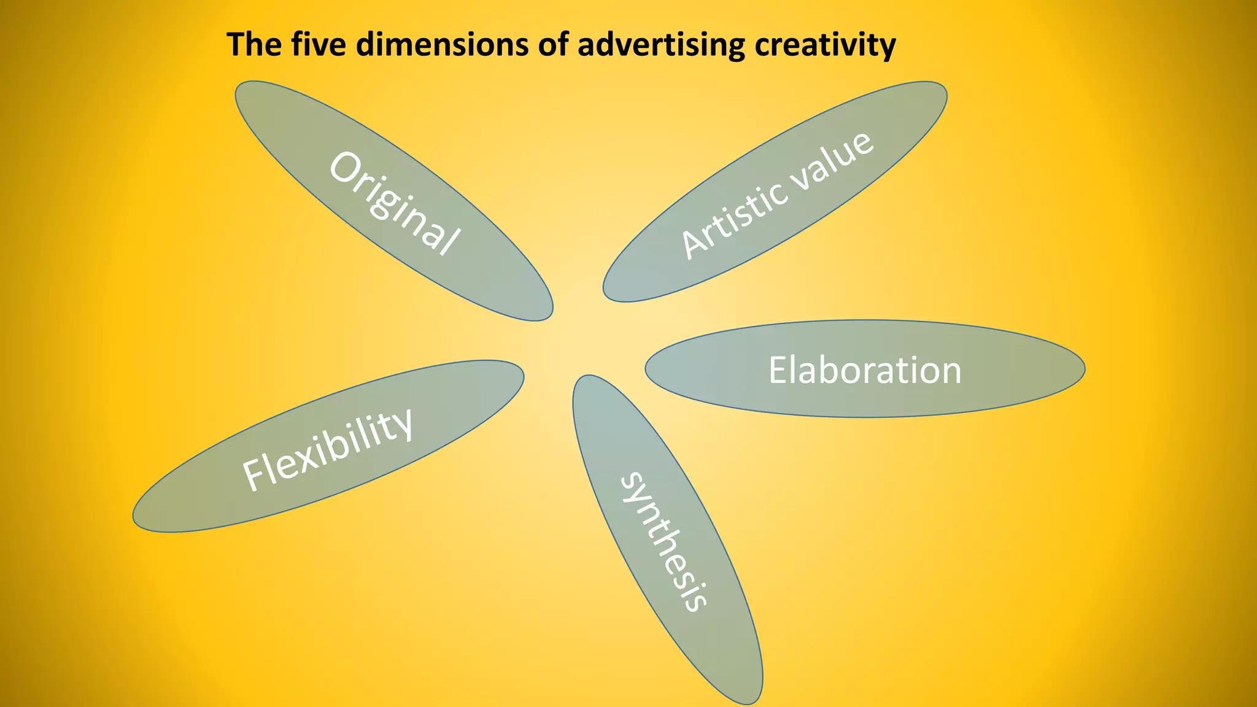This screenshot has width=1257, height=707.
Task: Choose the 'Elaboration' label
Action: click(x=865, y=370)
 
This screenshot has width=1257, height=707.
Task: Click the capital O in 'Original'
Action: click(x=346, y=168)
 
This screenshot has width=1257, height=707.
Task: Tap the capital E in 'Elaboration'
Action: click(x=779, y=370)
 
